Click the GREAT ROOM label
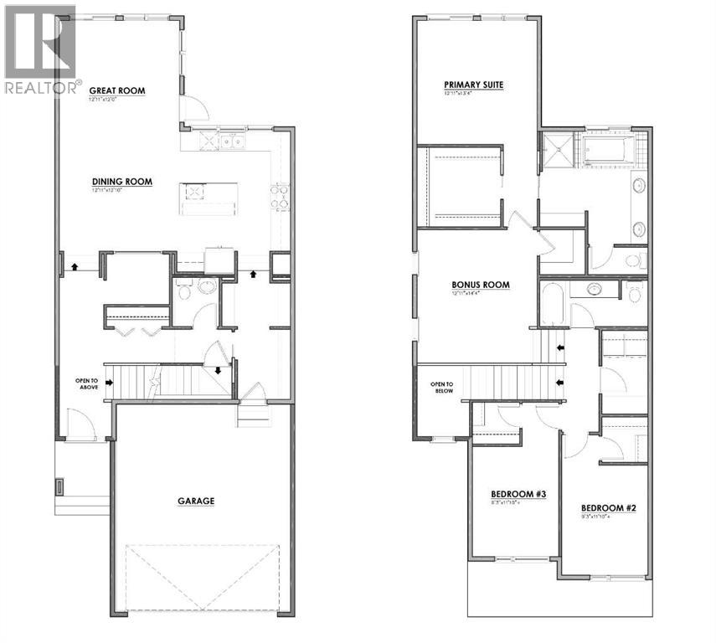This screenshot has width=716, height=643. (117, 90)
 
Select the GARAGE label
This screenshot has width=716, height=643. (196, 501)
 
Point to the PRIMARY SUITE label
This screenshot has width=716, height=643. (474, 85)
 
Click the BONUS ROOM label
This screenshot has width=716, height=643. (480, 285)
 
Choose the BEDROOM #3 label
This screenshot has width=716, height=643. (518, 495)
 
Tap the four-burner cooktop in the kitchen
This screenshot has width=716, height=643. (279, 197)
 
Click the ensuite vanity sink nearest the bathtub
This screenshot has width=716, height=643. (638, 186)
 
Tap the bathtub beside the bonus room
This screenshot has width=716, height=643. (553, 304)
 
